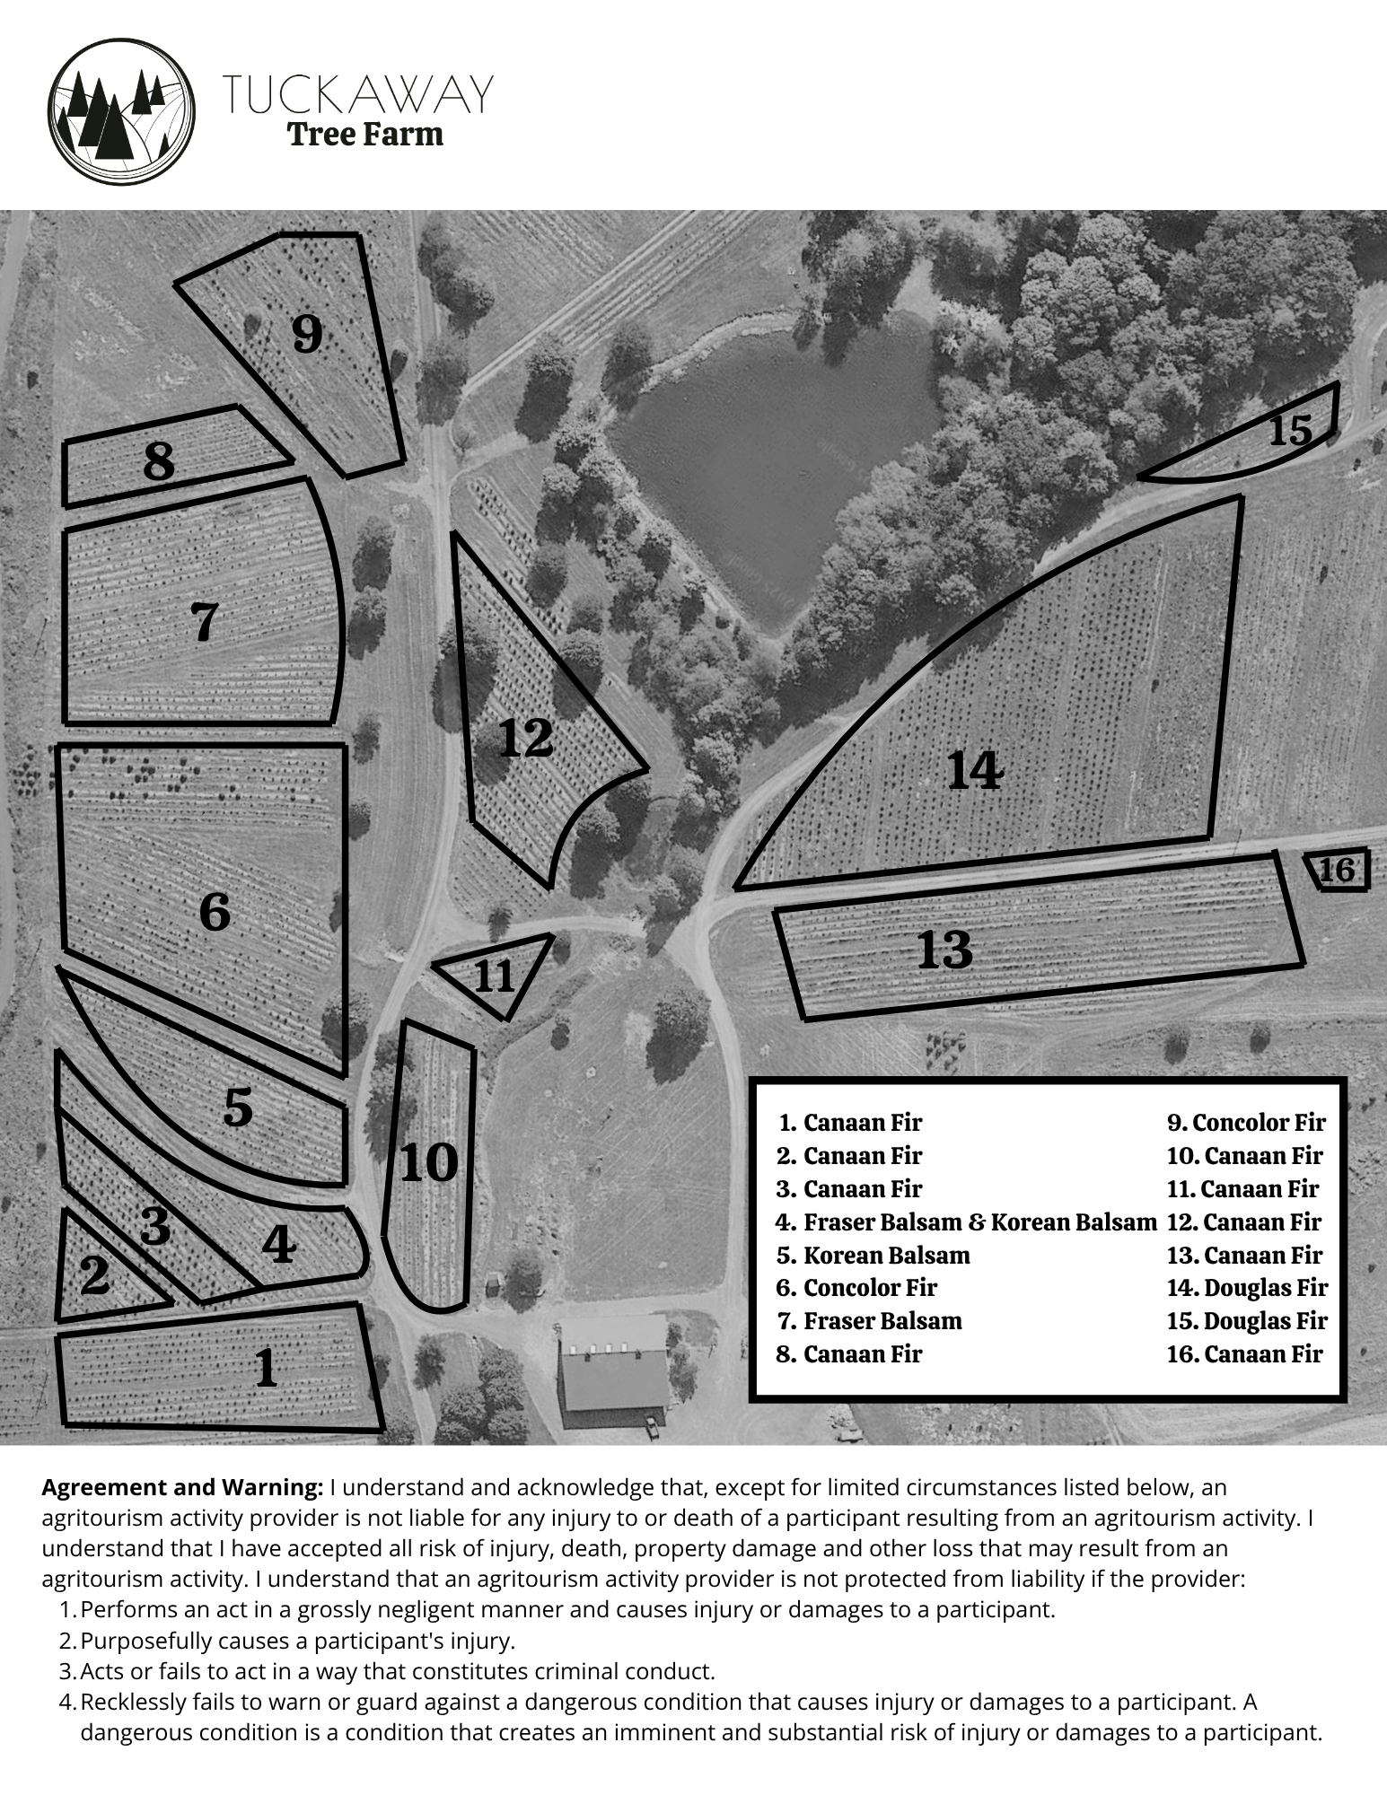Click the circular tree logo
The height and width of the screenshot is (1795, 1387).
coord(121,111)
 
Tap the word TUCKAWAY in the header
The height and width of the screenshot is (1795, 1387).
coord(357,93)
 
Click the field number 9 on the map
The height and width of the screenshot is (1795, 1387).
coord(307,334)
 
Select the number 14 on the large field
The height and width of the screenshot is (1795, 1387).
coord(975,770)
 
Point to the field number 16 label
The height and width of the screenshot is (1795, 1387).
coord(1337,869)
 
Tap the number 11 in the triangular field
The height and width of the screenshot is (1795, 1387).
coord(494,976)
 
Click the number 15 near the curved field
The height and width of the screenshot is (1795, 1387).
coord(1290,431)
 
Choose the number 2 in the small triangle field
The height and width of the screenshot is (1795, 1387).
coord(94,1275)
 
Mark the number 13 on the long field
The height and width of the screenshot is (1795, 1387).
coord(944,950)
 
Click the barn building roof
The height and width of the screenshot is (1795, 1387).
coord(614,1369)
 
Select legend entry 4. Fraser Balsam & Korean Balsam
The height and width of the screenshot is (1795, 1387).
coord(966,1221)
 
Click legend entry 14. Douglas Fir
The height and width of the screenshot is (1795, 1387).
coord(1247,1288)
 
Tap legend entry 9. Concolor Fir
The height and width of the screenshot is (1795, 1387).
coord(1246,1123)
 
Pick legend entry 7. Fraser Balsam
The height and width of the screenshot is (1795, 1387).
coord(869,1321)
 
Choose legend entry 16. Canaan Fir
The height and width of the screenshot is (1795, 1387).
coord(1244,1354)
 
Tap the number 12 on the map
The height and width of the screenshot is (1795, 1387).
coord(525,738)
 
